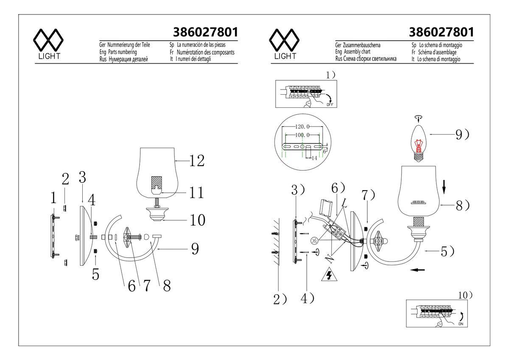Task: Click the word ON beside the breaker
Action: [461, 324]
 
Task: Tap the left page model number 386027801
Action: [205, 32]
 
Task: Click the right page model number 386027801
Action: [441, 32]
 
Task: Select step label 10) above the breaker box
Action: [466, 294]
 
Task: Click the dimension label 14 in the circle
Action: [315, 157]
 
